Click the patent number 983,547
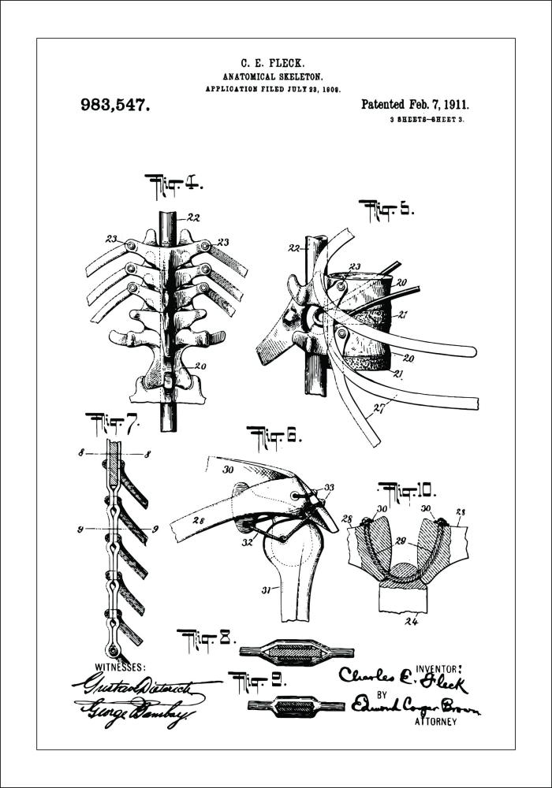click(115, 105)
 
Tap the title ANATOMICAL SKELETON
click(273, 76)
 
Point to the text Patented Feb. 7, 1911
click(415, 104)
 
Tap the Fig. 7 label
click(112, 422)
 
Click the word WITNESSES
click(120, 666)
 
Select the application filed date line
click(273, 90)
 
